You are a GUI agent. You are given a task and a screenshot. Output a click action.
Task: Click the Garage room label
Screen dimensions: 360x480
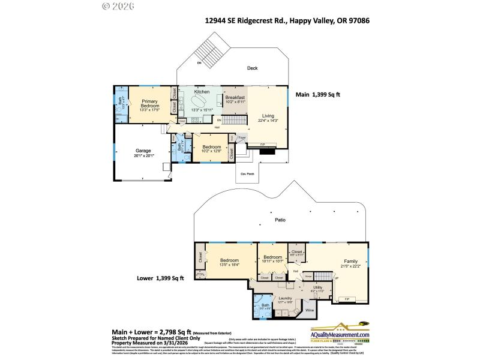pyautogui.click(x=143, y=151)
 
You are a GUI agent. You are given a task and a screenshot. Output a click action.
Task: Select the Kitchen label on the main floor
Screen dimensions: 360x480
pyautogui.click(x=201, y=91)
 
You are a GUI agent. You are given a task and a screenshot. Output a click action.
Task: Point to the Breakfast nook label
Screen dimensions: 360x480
pyautogui.click(x=235, y=97)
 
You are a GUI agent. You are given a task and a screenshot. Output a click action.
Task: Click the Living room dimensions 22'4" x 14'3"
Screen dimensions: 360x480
pyautogui.click(x=268, y=121)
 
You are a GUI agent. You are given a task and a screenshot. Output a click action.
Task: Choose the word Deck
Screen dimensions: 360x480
pyautogui.click(x=253, y=68)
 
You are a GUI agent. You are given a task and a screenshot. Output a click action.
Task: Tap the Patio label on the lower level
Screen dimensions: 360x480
pyautogui.click(x=280, y=220)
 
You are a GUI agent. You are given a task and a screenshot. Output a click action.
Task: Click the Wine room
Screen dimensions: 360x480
pyautogui.click(x=310, y=310)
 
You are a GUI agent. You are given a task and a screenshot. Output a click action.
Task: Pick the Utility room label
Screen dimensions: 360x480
pyautogui.click(x=318, y=287)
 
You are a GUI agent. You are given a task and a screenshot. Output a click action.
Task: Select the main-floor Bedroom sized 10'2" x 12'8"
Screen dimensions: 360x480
pyautogui.click(x=211, y=146)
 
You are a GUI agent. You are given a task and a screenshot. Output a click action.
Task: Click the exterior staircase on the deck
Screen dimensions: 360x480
pyautogui.click(x=208, y=49)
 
